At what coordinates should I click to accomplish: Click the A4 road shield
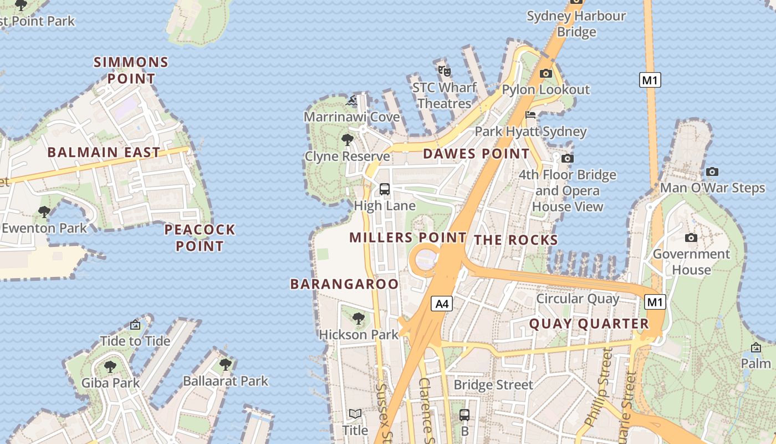tap(442, 304)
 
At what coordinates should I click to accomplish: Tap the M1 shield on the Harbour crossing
tap(650, 80)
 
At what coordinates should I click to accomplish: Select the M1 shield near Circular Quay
tap(655, 302)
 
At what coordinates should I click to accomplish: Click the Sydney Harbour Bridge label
tap(576, 24)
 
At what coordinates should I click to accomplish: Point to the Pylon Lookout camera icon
tap(545, 73)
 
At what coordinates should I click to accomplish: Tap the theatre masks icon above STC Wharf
tap(444, 70)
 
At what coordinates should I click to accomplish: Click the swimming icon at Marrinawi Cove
tap(351, 101)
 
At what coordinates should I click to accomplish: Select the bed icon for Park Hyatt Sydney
tap(530, 115)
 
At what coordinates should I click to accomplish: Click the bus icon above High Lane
tap(384, 189)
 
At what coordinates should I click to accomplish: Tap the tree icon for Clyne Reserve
tap(348, 139)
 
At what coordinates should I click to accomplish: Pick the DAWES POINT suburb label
tap(476, 154)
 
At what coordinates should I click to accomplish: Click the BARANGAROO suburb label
tap(344, 284)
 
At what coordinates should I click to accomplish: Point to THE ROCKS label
tap(515, 240)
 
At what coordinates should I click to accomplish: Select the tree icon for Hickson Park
tap(359, 318)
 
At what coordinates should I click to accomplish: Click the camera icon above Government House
tap(691, 238)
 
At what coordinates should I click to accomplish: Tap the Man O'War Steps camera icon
tap(712, 171)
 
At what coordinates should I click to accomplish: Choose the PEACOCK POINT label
tap(200, 238)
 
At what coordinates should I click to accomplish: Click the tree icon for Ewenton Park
tap(44, 211)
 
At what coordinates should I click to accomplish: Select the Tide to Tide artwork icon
tap(135, 325)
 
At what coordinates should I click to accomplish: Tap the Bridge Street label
tap(493, 385)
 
